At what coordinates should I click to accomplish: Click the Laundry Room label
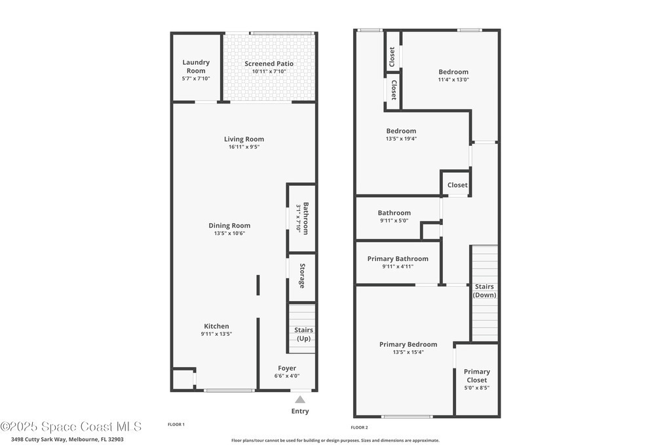tap(196, 67)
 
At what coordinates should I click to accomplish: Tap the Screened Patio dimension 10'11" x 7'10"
tap(269, 71)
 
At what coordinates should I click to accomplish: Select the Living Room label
tap(244, 139)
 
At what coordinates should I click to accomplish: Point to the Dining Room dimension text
tap(229, 234)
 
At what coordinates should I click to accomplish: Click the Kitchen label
tap(216, 326)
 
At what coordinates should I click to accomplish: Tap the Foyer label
tap(287, 368)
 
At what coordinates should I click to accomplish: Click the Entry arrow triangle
tap(300, 400)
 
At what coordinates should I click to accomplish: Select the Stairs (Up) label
tap(303, 334)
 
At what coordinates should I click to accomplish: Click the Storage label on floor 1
tap(302, 276)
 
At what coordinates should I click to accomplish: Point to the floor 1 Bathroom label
tap(305, 218)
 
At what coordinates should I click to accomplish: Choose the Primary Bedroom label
tap(408, 344)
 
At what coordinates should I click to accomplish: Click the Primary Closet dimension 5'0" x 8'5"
tap(477, 388)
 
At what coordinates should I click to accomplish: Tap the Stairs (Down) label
tap(484, 291)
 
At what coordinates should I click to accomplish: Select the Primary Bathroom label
tap(398, 259)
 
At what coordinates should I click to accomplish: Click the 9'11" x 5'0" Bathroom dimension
tap(394, 221)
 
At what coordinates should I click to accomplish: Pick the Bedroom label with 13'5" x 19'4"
tap(401, 131)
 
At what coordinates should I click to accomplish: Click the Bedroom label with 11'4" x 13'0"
tap(453, 72)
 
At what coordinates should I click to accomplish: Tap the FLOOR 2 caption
tap(360, 427)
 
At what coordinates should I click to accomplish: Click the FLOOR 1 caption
tap(176, 424)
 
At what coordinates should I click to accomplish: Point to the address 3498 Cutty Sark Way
tap(38, 439)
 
